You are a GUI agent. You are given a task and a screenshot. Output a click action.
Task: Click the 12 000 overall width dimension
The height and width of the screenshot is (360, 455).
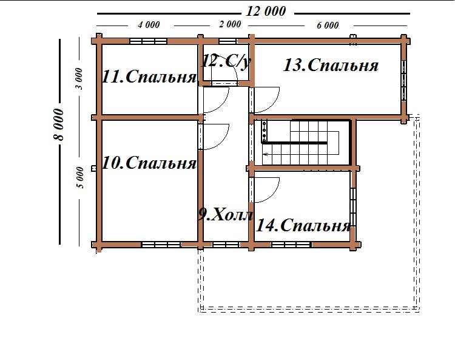pyautogui.click(x=266, y=12)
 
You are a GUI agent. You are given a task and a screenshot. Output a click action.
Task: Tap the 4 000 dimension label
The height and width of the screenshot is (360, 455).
pyautogui.click(x=149, y=25)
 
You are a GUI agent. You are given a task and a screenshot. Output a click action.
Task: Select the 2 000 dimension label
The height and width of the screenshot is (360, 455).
pyautogui.click(x=230, y=24)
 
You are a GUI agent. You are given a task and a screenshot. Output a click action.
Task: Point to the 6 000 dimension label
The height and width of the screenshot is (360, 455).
pyautogui.click(x=328, y=25)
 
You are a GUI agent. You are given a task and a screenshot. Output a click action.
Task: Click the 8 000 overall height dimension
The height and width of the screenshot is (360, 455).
pyautogui.click(x=58, y=124)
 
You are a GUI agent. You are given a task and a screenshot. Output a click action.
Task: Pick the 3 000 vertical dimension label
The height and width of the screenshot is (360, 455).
pyautogui.click(x=79, y=79)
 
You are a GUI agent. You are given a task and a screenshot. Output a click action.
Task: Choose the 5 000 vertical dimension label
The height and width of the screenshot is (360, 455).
pyautogui.click(x=80, y=177)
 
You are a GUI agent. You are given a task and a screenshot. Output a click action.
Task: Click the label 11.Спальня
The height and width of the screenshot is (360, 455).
pyautogui.click(x=149, y=77)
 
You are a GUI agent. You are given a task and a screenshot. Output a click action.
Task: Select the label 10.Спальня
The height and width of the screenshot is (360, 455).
pyautogui.click(x=149, y=163)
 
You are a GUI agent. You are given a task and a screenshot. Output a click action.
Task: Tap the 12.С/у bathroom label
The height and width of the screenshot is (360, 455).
pyautogui.click(x=226, y=61)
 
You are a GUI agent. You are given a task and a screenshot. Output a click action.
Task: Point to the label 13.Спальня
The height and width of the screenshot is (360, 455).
pyautogui.click(x=331, y=65)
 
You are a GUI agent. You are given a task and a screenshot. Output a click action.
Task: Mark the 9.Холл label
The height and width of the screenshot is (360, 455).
pyautogui.click(x=226, y=215)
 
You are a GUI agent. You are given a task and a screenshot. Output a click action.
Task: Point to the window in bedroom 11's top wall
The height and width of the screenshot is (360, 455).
pyautogui.click(x=148, y=41)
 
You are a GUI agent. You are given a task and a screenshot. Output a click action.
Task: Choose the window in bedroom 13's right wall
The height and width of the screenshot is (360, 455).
pyautogui.click(x=403, y=80)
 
